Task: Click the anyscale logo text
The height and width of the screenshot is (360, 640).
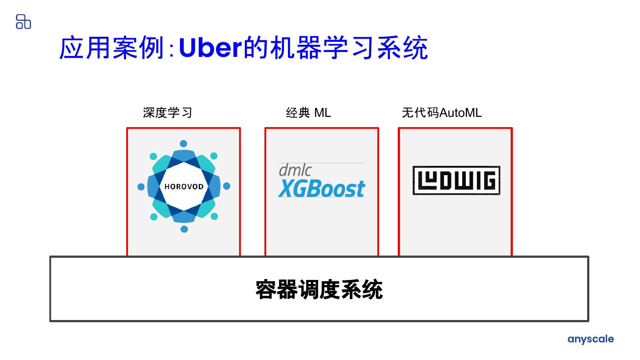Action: click(x=590, y=340)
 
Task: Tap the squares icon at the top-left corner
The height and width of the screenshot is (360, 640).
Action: click(x=23, y=21)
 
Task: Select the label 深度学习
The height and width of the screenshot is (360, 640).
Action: click(x=168, y=113)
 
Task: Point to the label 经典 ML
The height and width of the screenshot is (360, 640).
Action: click(x=308, y=113)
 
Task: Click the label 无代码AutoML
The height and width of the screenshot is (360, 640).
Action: click(x=441, y=113)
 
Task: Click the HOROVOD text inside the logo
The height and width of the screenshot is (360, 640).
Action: click(x=184, y=187)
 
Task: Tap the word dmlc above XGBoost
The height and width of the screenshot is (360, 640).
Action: click(x=295, y=170)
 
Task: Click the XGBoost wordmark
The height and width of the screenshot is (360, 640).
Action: click(x=322, y=188)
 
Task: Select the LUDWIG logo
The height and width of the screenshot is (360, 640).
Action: click(x=456, y=180)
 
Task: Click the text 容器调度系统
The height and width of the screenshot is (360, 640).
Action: click(x=319, y=289)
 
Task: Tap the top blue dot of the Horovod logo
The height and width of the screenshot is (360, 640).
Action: click(x=183, y=144)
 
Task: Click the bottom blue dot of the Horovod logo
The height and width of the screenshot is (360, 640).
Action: click(x=184, y=229)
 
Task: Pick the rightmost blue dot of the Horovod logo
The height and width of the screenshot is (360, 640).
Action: click(x=226, y=186)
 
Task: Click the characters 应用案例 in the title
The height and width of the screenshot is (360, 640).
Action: click(x=112, y=48)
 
